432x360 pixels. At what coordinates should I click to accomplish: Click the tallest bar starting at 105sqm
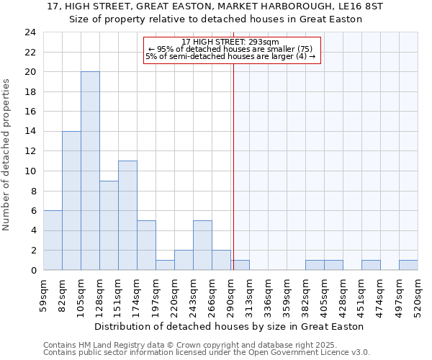point(90,171)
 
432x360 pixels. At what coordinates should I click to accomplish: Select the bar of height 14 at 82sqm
point(71,200)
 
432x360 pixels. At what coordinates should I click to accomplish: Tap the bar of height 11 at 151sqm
point(127,215)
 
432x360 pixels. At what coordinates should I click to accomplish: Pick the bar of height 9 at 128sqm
point(109,225)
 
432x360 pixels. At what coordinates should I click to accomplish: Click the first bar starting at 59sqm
point(53,240)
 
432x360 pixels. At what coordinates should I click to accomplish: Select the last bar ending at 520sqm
point(408,265)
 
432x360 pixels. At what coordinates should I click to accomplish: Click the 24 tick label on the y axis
point(30,32)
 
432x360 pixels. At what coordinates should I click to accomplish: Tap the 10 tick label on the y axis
point(30,171)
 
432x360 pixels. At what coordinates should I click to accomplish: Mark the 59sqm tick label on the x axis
point(44,295)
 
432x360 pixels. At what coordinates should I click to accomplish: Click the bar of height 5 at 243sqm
point(202,245)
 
